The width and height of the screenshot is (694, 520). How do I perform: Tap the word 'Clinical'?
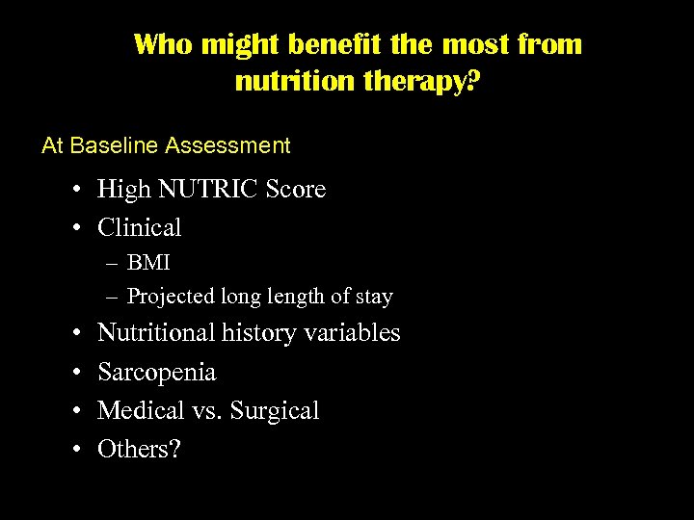click(x=140, y=228)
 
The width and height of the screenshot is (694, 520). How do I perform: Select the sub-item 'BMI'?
click(x=148, y=263)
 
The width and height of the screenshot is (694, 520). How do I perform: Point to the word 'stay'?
click(x=373, y=297)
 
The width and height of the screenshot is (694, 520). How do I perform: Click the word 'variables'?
click(x=351, y=333)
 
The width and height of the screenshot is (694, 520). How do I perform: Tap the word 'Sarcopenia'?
click(x=157, y=372)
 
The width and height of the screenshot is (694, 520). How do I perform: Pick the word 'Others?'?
click(x=139, y=449)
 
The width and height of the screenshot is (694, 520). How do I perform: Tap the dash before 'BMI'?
click(x=114, y=263)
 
